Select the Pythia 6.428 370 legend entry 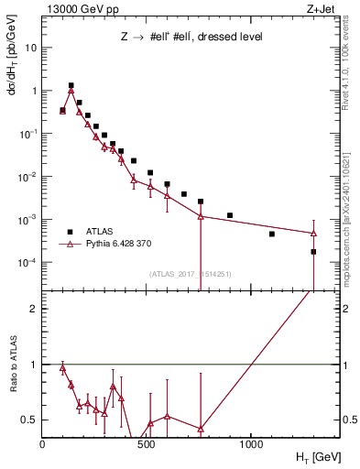[x=115, y=244]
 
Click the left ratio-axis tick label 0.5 [x=27, y=420]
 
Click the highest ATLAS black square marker [x=71, y=85]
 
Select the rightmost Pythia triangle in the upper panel [x=313, y=233]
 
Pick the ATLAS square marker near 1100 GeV [x=271, y=234]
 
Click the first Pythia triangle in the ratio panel [x=62, y=367]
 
